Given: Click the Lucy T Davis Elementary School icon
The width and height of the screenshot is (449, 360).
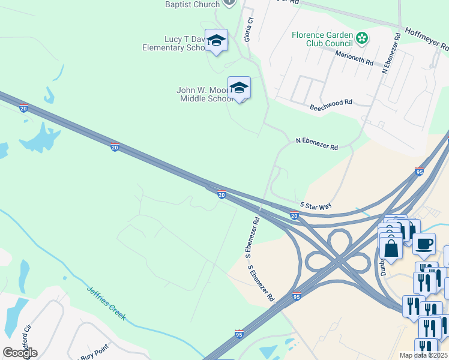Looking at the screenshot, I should (216, 40).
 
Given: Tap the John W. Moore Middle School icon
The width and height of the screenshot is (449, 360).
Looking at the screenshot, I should (239, 88).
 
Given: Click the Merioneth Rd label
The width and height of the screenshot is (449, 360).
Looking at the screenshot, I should (355, 59).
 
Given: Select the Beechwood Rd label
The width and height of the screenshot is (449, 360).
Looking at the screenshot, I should (331, 106).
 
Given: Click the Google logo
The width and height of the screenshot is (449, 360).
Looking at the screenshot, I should (20, 352).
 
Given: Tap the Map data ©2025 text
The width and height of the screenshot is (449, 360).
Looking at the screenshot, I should (423, 355).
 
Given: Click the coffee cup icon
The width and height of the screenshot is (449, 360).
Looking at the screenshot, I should (424, 244).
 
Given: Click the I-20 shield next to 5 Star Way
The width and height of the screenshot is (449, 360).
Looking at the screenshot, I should (294, 215).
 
